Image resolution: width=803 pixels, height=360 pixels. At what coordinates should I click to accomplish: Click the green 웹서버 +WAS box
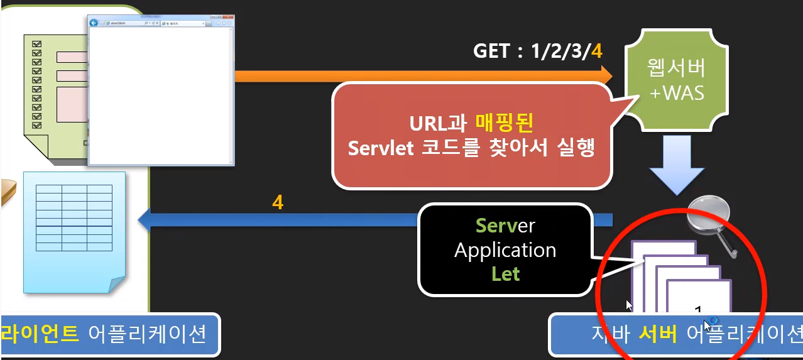pos(677,82)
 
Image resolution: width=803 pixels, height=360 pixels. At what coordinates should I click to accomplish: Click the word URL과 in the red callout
pos(439,121)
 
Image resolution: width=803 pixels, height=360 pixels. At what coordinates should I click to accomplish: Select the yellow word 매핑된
pos(506,121)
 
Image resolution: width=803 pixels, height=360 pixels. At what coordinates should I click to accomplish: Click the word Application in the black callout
pos(505,250)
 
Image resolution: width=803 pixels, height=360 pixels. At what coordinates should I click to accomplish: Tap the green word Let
pos(506,274)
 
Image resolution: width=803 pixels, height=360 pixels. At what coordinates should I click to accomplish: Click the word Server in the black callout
pos(505,225)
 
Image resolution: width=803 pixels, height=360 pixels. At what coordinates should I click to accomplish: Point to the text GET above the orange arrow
pos(491,51)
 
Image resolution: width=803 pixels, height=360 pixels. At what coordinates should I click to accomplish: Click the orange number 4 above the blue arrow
pos(278,203)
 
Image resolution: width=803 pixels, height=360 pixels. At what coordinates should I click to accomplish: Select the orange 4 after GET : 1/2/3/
pos(596,51)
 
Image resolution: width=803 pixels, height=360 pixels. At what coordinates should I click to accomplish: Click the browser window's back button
pos(94,23)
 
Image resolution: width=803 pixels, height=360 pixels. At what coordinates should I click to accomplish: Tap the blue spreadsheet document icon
pos(74,229)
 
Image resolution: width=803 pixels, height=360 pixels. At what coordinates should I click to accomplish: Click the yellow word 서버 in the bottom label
pos(657,334)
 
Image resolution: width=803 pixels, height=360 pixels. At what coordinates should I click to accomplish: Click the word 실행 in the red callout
pos(577,149)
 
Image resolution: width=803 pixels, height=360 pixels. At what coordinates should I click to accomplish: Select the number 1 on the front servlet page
pos(698,310)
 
